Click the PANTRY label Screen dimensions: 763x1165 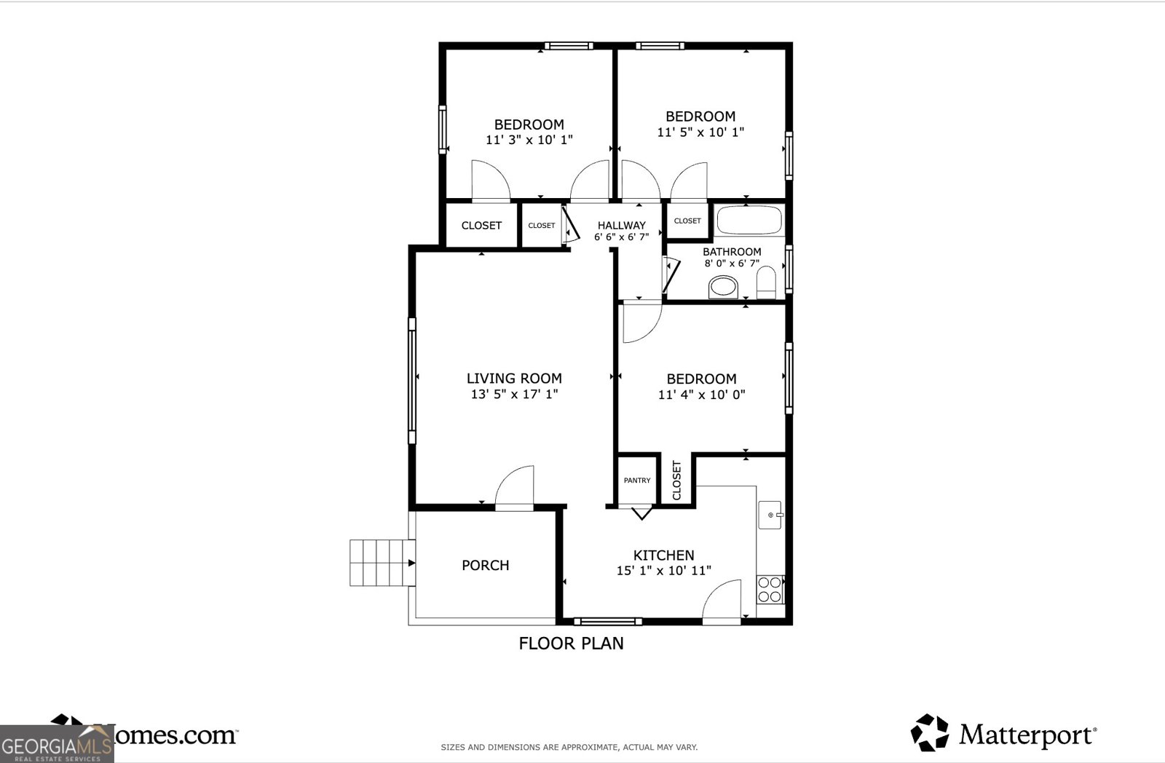click(637, 481)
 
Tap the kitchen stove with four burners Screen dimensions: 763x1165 click(770, 589)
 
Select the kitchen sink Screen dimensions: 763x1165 click(770, 515)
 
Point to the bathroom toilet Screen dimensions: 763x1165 click(766, 282)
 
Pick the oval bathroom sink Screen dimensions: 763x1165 click(724, 287)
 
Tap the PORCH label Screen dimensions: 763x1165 click(485, 566)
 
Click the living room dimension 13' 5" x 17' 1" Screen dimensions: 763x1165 click(514, 395)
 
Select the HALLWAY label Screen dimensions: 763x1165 click(621, 226)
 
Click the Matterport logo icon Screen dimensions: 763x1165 click(930, 732)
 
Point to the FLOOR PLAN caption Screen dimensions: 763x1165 click(571, 644)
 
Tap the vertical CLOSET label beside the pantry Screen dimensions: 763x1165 click(677, 480)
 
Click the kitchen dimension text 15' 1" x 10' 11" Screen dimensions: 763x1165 click(663, 571)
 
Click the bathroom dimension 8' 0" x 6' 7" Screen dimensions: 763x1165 click(732, 264)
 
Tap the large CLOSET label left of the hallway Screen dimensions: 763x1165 click(481, 226)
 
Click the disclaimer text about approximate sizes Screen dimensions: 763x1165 click(569, 747)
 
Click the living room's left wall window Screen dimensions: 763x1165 click(412, 380)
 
